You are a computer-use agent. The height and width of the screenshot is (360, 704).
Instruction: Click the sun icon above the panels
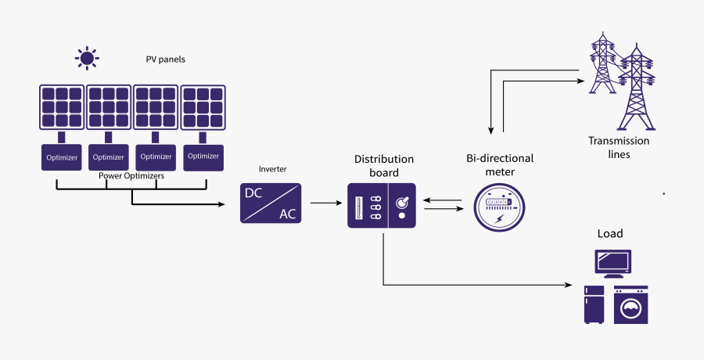coord(86,57)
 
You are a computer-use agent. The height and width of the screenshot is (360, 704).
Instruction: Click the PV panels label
coord(165,59)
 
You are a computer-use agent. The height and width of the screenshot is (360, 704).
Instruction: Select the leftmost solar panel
coord(61,106)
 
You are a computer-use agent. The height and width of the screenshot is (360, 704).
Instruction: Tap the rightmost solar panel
coord(203,106)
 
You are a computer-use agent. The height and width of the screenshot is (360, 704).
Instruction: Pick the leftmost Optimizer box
coord(61,157)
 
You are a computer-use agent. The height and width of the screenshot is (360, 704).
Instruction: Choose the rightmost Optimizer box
coord(203,157)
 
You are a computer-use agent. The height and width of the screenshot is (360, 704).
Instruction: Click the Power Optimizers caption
coord(131,176)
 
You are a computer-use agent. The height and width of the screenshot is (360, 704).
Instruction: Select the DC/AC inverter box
coord(271,203)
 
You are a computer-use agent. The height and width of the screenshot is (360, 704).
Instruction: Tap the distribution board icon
coord(382,205)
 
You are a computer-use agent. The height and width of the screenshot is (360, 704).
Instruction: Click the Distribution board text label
coord(383,166)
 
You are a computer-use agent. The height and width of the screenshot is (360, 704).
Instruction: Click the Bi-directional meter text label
coord(499,164)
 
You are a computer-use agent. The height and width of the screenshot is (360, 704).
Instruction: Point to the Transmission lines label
coord(619,147)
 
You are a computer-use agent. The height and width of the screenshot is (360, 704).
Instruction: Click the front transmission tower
coord(635,90)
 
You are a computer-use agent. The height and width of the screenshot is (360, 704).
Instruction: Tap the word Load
coord(610,234)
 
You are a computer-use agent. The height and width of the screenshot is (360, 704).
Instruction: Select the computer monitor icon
coord(613,263)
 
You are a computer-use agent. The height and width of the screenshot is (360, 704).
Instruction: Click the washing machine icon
coord(630,304)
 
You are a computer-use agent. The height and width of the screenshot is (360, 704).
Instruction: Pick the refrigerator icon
coord(594,304)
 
